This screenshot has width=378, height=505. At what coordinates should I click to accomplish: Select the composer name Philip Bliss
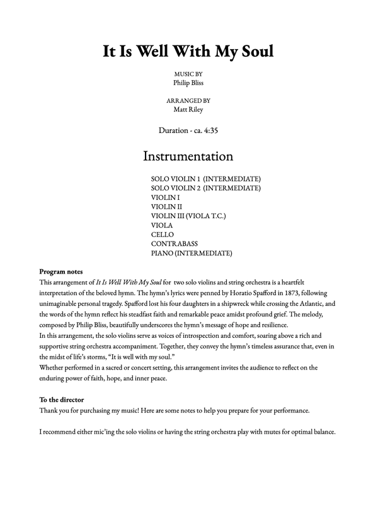coord(188,82)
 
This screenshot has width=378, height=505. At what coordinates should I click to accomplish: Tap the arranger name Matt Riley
coord(188,109)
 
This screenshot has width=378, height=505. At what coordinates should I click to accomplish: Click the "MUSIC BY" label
coord(188,73)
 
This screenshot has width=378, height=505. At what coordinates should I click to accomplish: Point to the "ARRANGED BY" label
coord(188,100)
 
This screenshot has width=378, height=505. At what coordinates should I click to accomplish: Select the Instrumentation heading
coord(188,155)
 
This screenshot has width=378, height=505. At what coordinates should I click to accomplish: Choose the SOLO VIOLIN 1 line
coord(206,178)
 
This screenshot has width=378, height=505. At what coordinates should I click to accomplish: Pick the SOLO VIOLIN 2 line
coord(206,188)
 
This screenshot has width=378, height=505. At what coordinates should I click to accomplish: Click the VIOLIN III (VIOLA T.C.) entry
coord(188,216)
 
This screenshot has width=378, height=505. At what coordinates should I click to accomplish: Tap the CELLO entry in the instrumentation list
coord(163,235)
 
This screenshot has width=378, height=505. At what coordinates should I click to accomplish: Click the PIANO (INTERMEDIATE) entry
coord(192,253)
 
